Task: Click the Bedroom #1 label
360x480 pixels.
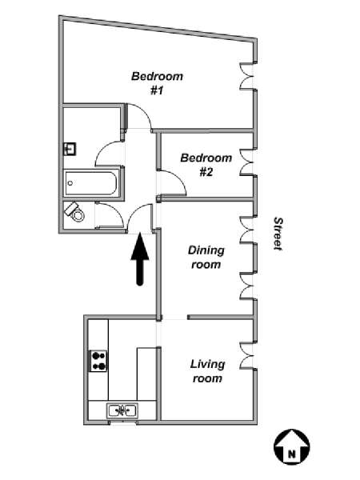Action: (157, 83)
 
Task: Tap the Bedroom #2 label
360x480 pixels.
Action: (206, 165)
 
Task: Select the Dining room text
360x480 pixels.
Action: (206, 257)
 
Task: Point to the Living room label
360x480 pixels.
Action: (207, 371)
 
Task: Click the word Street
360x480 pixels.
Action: (278, 234)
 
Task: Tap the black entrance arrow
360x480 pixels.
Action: (140, 259)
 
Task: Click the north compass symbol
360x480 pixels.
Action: (291, 446)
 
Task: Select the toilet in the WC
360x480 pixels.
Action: (74, 212)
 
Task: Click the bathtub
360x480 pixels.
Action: (90, 183)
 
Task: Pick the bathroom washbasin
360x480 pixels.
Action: (70, 150)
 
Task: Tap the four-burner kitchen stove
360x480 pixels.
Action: (98, 361)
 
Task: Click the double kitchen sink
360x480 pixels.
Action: (122, 410)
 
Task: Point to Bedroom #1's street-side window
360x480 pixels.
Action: (247, 76)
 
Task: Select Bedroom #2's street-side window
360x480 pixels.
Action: (247, 162)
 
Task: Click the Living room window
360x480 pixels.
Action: (247, 354)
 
